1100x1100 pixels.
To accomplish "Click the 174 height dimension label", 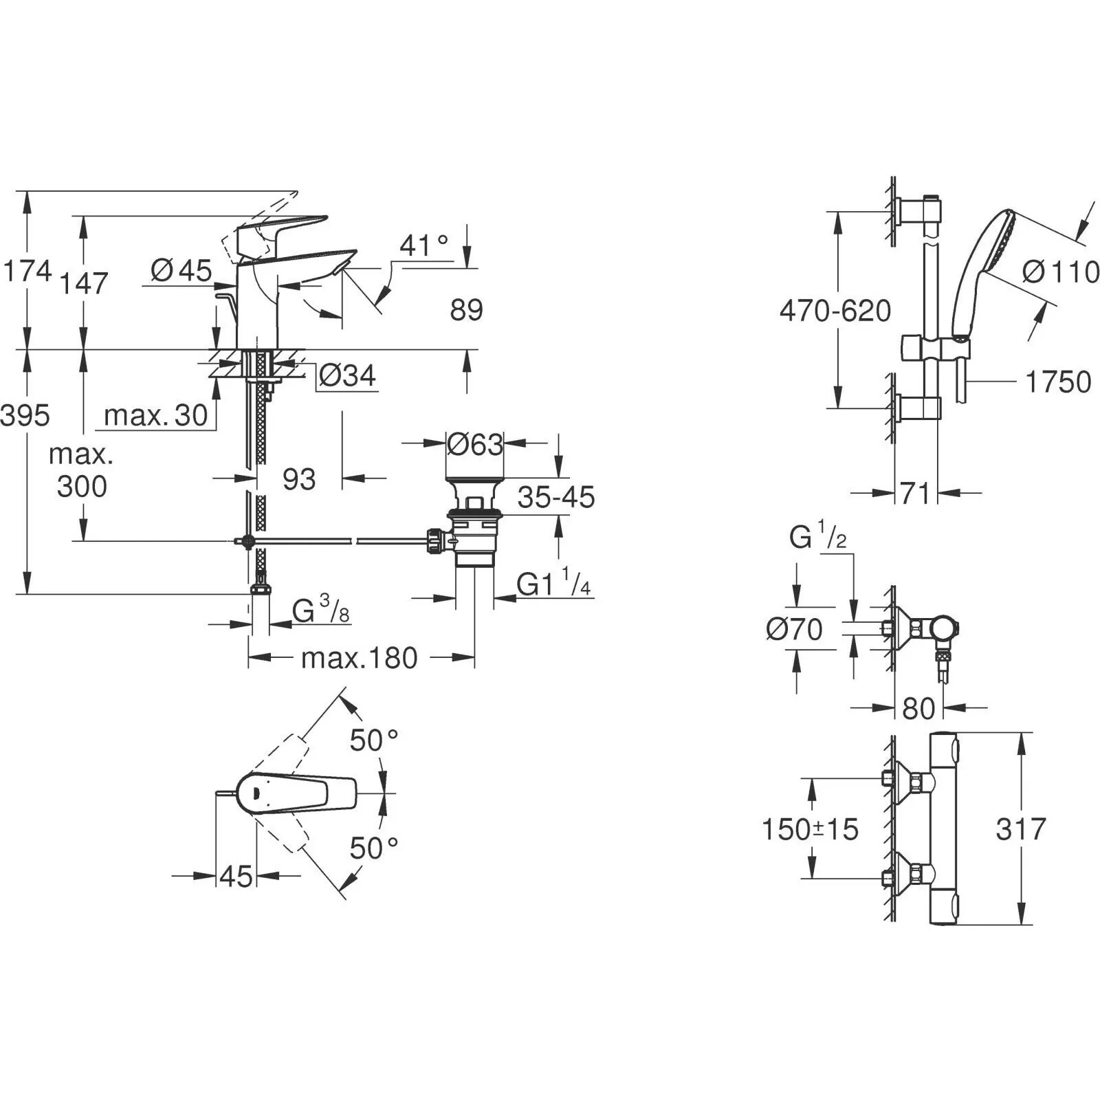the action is click(x=27, y=271).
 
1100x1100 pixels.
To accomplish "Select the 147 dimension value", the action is click(x=84, y=283).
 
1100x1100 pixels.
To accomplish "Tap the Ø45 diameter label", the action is click(x=181, y=270).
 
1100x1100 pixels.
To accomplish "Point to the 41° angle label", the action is click(x=423, y=245).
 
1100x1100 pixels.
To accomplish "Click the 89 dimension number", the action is click(x=467, y=310).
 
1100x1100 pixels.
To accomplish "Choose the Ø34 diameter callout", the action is click(x=348, y=375).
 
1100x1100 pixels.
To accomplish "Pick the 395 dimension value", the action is click(x=25, y=415).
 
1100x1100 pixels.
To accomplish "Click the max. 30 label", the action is click(x=156, y=415).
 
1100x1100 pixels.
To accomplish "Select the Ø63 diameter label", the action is click(x=475, y=444).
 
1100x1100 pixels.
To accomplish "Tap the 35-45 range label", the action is click(x=556, y=497).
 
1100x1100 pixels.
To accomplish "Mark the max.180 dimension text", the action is click(x=360, y=658).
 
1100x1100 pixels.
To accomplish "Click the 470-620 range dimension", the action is click(x=835, y=311).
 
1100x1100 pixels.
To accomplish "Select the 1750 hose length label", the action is click(x=1058, y=382).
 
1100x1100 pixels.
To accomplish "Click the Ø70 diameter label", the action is click(x=795, y=629).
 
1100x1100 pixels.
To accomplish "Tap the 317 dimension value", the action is click(x=1021, y=829).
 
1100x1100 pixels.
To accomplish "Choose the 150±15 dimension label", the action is click(x=810, y=829).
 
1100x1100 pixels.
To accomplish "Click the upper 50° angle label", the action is click(x=374, y=740).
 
